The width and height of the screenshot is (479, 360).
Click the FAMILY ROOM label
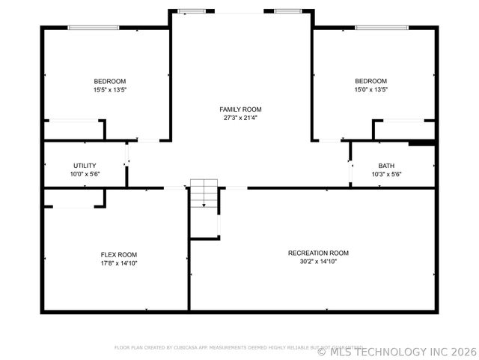point(240,109)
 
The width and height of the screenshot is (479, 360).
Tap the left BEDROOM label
point(109,81)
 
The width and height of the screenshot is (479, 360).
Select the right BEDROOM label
point(370,81)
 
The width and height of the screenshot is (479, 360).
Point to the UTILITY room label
point(85,165)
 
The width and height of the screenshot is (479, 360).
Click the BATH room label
point(386,165)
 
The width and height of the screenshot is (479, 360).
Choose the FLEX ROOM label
point(119,254)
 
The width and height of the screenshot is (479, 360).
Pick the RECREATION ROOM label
point(318,253)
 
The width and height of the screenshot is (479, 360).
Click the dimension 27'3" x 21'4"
point(240,118)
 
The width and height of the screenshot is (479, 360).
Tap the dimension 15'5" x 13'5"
point(109,89)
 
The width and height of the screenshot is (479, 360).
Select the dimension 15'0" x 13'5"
point(370,89)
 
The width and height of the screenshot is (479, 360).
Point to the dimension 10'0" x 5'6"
point(85,174)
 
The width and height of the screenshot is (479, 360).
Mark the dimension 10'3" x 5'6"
point(386,174)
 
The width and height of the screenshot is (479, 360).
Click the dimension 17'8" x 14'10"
point(119,263)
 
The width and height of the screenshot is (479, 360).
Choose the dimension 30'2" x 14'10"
point(318,262)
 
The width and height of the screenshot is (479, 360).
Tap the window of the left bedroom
point(94,28)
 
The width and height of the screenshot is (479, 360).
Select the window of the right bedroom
point(382,28)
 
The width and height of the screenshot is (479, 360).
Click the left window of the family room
point(192,11)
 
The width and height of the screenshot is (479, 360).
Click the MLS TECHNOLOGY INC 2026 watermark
point(397,351)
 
